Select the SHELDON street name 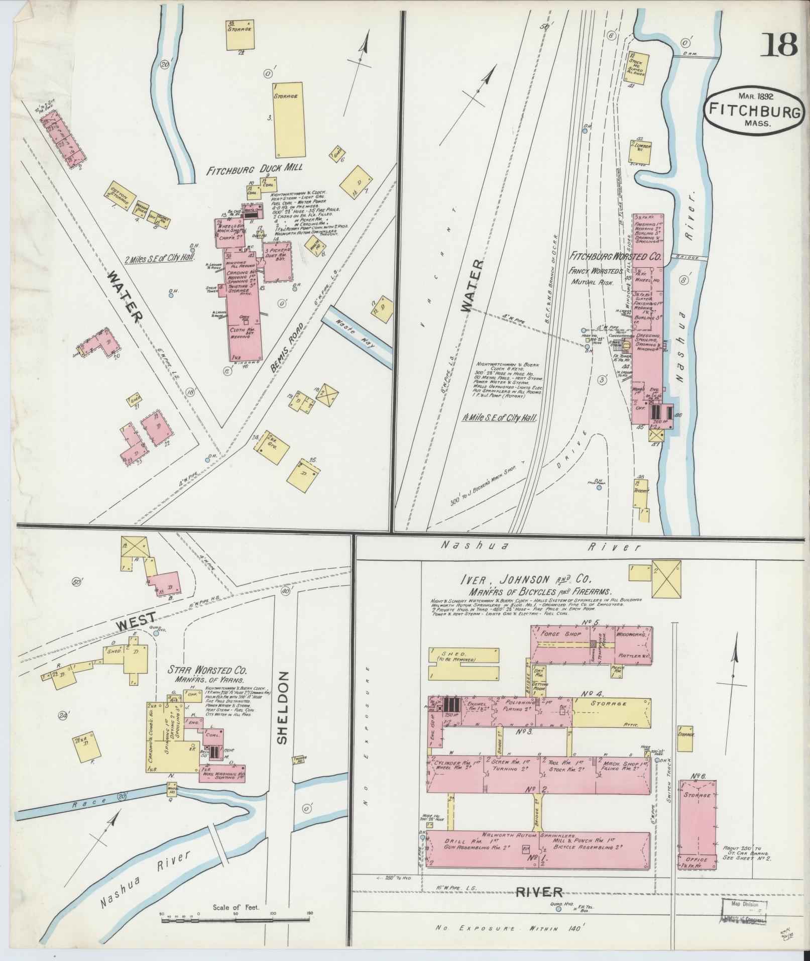[x=282, y=707]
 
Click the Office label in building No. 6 [x=697, y=860]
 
